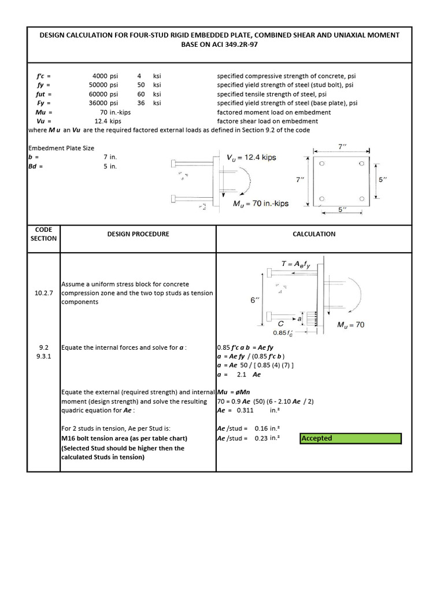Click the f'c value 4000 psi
(105, 76)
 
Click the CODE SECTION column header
(44, 234)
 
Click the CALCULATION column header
(314, 234)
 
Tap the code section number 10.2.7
(44, 293)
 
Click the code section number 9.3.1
(44, 357)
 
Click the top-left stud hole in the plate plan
(322, 164)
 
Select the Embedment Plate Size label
(61, 148)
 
